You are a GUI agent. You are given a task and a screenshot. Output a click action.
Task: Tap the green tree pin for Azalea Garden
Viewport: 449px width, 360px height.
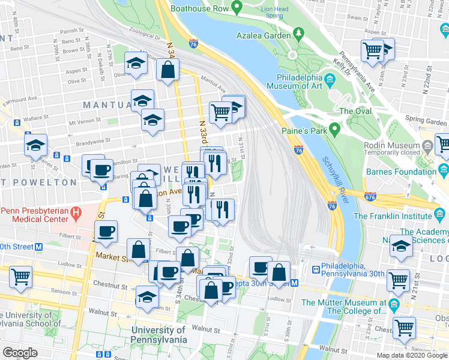[x=297, y=31]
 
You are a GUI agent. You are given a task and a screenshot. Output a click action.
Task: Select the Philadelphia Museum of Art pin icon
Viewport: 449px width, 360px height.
[x=330, y=79]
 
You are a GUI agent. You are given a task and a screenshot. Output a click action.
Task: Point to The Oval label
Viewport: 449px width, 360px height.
[x=355, y=111]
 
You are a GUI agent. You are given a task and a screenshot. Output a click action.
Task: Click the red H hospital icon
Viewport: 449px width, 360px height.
[x=76, y=212]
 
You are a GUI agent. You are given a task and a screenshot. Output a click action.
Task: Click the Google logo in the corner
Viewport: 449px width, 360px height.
[x=20, y=353]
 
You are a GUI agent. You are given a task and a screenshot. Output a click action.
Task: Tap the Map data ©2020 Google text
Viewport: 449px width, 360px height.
[x=411, y=355]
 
